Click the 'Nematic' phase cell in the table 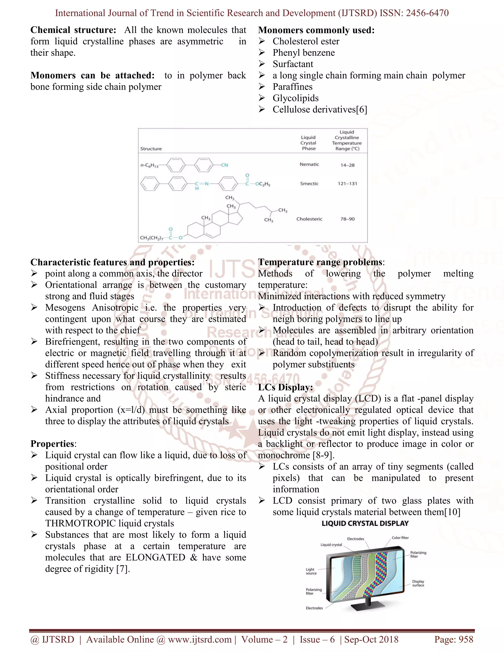pyautogui.click(x=309, y=165)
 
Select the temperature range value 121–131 pyautogui.click(x=347, y=184)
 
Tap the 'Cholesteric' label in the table pyautogui.click(x=309, y=219)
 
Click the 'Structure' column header pyautogui.click(x=151, y=149)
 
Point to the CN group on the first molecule pyautogui.click(x=224, y=165)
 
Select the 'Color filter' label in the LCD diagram pyautogui.click(x=400, y=538)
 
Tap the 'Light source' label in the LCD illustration pyautogui.click(x=311, y=571)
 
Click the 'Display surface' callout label pyautogui.click(x=418, y=583)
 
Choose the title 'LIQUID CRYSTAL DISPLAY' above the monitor pyautogui.click(x=365, y=523)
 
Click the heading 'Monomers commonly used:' pyautogui.click(x=316, y=30)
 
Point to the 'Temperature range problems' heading pyautogui.click(x=320, y=262)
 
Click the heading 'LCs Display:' pyautogui.click(x=285, y=387)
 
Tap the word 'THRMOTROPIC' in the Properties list pyautogui.click(x=80, y=523)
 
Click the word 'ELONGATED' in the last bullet pyautogui.click(x=155, y=557)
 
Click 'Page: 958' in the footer pyautogui.click(x=454, y=639)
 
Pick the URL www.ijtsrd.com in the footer pyautogui.click(x=200, y=639)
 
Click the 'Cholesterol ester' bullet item pyautogui.click(x=306, y=42)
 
